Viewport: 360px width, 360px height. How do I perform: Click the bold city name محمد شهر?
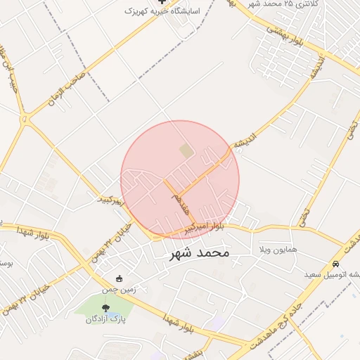coord(200,252)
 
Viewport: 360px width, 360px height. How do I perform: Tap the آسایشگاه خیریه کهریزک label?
coord(162,11)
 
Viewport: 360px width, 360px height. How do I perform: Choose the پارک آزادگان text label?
coord(105,319)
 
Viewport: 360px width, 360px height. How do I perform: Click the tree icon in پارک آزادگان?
coord(105,308)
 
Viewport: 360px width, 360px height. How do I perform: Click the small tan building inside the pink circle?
coord(185,150)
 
